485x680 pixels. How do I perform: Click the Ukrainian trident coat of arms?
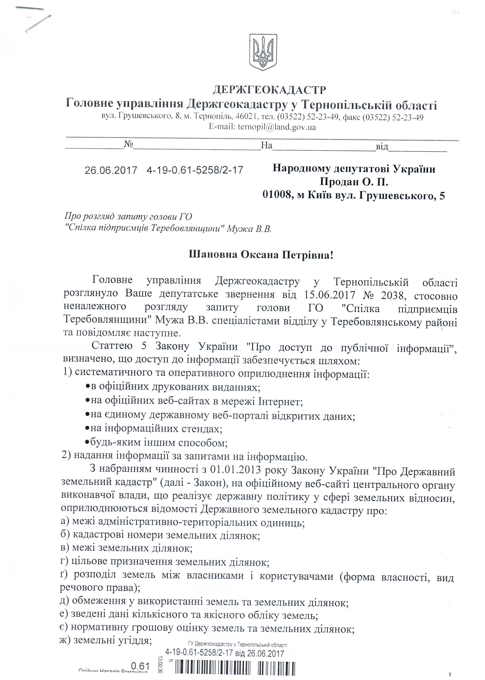(x=263, y=52)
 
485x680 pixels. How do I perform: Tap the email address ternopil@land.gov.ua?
(x=277, y=127)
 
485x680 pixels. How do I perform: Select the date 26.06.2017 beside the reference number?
(x=111, y=170)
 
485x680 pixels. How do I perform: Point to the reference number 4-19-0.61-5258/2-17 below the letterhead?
(x=195, y=170)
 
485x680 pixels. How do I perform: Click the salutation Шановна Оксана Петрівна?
(x=261, y=255)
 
